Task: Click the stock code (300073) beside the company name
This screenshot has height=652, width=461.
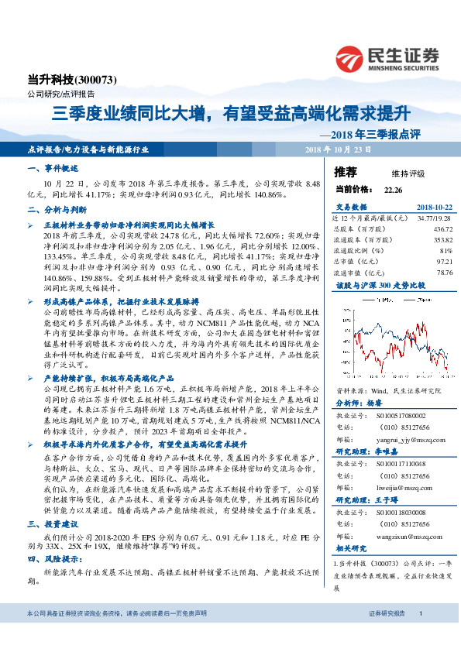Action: click(x=98, y=79)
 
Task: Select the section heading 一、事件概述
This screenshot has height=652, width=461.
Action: click(x=50, y=168)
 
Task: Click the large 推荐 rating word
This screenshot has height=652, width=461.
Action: click(x=346, y=171)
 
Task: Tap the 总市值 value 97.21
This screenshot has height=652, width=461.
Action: click(x=444, y=262)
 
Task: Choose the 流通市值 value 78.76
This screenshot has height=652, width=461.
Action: click(x=444, y=273)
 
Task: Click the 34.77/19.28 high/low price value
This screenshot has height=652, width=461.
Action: click(x=435, y=218)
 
